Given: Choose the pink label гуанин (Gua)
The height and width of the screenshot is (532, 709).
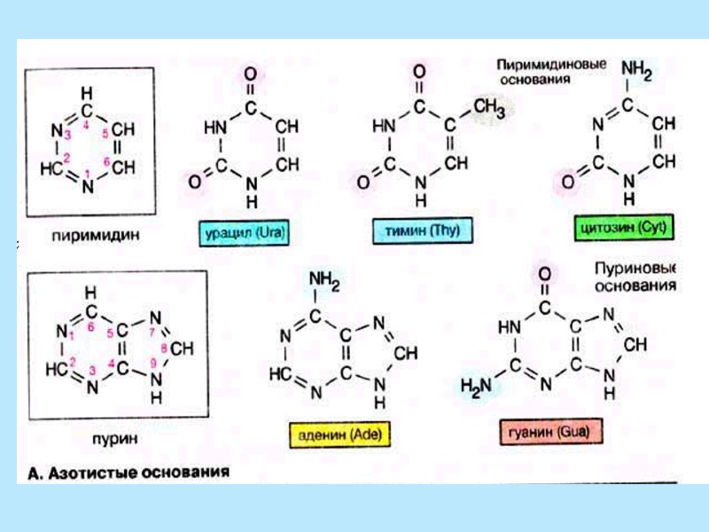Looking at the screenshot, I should tap(545, 434).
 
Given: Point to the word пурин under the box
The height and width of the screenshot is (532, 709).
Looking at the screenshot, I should tap(112, 439).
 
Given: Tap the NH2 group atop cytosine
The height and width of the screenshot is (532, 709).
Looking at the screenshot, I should tap(639, 69).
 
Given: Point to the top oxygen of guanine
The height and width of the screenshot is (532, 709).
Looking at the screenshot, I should tap(544, 273).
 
